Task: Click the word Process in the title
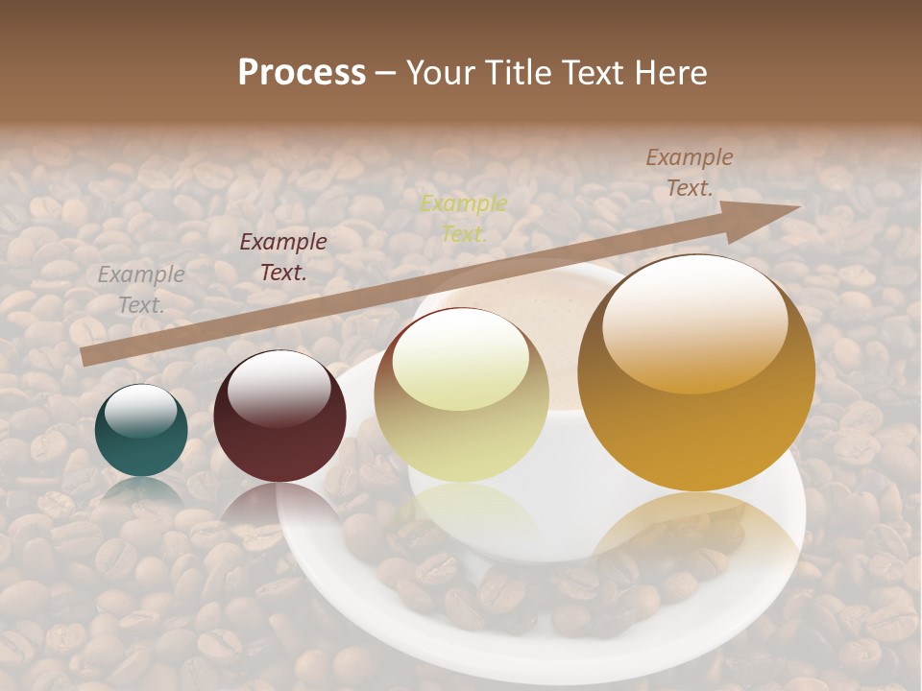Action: point(302,73)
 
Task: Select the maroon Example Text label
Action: point(283,257)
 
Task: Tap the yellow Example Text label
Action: point(464,218)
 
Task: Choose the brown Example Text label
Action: point(690,173)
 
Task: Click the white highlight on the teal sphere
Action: point(141,411)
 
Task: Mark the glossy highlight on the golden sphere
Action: point(695,322)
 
